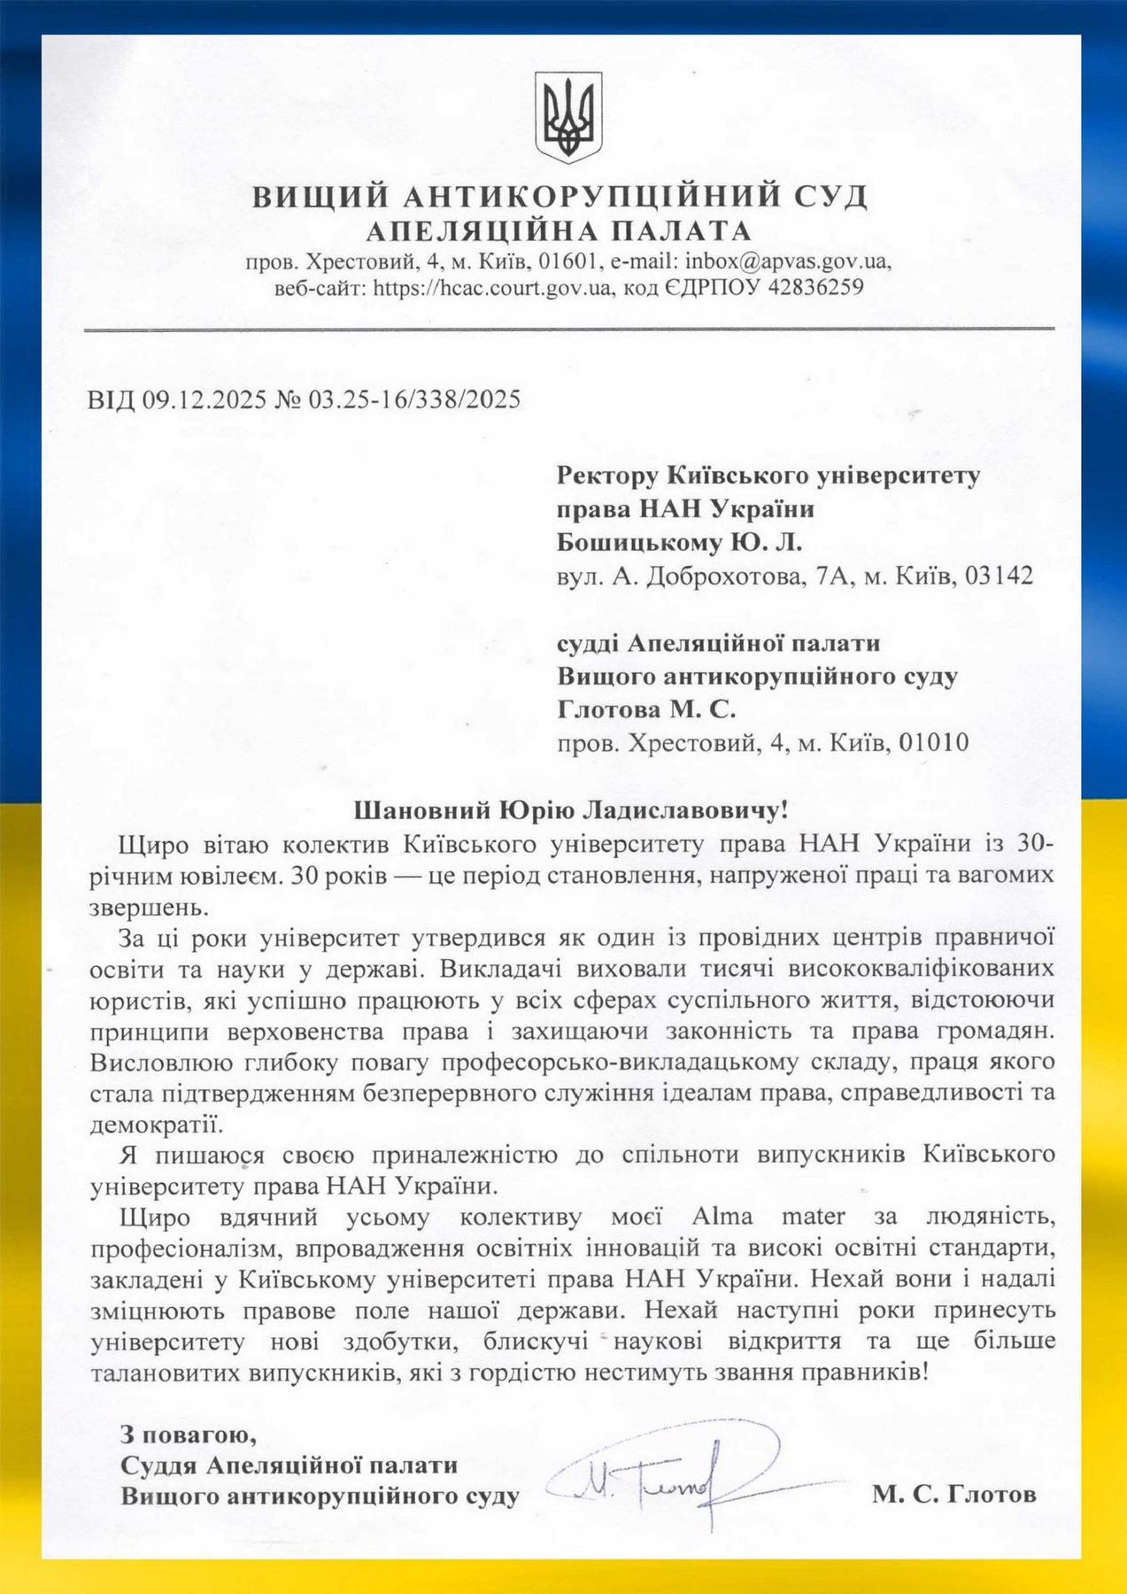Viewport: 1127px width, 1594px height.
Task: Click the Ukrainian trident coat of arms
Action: pyautogui.click(x=567, y=118)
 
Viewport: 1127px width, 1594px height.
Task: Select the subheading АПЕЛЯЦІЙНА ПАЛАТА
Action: pyautogui.click(x=559, y=231)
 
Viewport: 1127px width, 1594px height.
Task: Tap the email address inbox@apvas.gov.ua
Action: pyautogui.click(x=783, y=262)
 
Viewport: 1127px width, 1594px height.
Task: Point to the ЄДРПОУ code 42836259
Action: pyautogui.click(x=807, y=288)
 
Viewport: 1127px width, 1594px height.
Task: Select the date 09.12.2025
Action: pyautogui.click(x=205, y=399)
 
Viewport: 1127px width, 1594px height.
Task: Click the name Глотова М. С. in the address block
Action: pyautogui.click(x=646, y=709)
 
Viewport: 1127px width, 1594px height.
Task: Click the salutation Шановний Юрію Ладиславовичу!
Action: pyautogui.click(x=570, y=809)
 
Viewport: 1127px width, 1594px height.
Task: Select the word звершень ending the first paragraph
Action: pyautogui.click(x=147, y=908)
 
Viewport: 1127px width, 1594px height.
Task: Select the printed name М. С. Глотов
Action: pyautogui.click(x=953, y=1495)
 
